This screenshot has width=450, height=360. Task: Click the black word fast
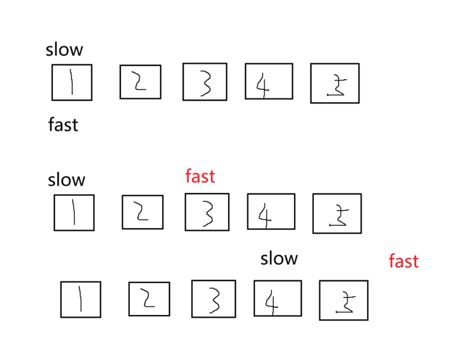point(63,125)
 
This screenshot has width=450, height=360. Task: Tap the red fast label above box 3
point(200,176)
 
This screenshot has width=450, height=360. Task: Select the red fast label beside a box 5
point(404,261)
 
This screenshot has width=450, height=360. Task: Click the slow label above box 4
point(279,258)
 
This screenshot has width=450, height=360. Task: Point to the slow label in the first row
point(64,50)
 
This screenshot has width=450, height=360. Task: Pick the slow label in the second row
point(66,180)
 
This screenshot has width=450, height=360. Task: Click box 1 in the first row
point(72,83)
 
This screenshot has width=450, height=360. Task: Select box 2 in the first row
point(140,82)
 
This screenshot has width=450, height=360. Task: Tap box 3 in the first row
point(204,82)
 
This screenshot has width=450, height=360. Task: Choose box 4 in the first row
point(268,81)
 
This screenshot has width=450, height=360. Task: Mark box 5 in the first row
point(335,83)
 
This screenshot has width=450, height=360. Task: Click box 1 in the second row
point(74,212)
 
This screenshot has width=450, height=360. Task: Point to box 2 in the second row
point(142,212)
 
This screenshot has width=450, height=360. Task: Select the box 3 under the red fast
point(207,212)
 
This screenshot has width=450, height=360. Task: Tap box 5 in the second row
point(337,213)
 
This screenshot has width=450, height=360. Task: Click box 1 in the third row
point(81,299)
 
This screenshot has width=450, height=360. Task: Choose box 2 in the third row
point(149,299)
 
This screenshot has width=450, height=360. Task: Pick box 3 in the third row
point(213,298)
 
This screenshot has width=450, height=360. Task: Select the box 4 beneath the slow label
point(277,298)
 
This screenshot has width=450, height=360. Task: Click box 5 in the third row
point(343,300)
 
